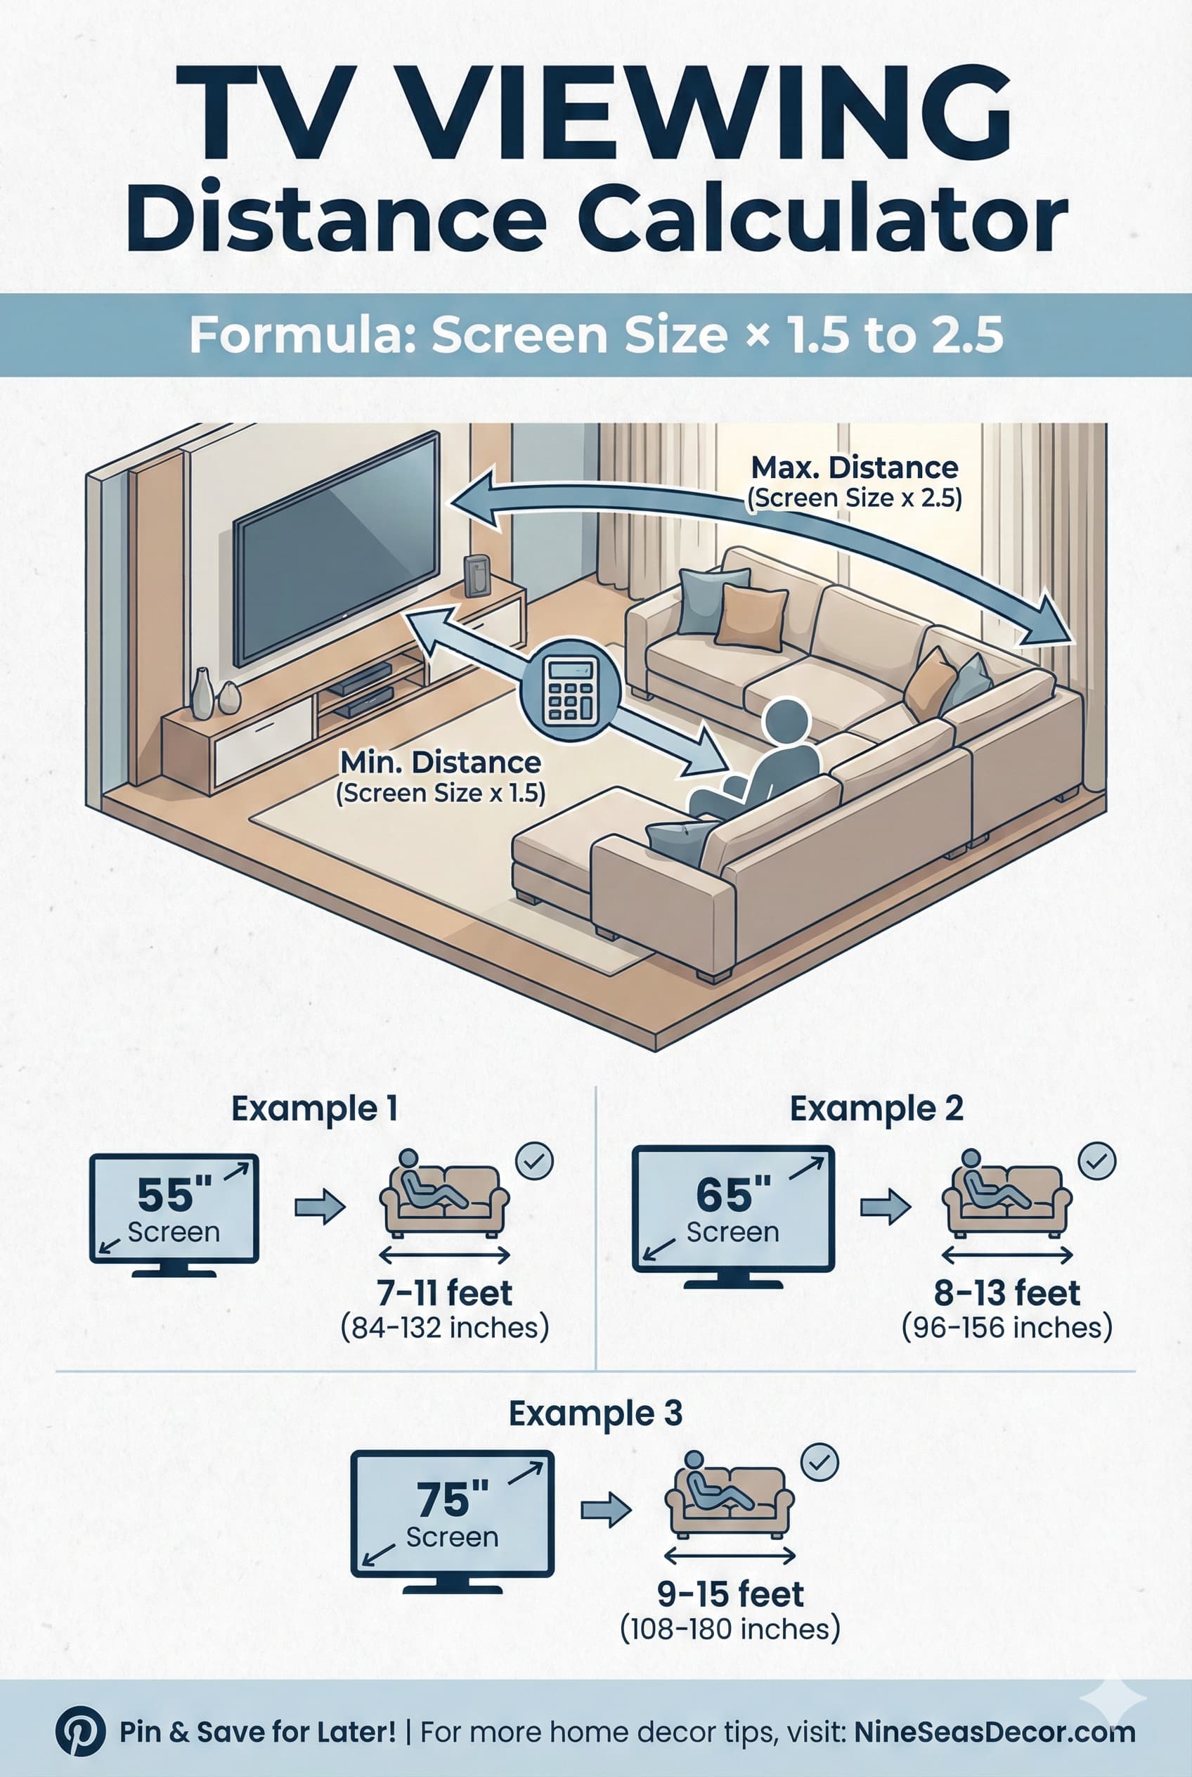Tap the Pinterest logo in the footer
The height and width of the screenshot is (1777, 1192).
[80, 1731]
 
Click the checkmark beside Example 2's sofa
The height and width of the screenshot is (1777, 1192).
[1097, 1161]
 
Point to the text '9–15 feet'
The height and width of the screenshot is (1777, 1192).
[730, 1594]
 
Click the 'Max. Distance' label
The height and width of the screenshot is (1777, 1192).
[855, 467]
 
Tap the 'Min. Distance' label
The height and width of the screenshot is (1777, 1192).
[440, 762]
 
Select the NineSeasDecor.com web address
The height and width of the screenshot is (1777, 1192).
[995, 1732]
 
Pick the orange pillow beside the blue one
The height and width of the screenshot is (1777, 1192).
[751, 616]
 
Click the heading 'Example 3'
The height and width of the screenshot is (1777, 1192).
[595, 1414]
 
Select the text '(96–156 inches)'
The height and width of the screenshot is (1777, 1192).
[1006, 1327]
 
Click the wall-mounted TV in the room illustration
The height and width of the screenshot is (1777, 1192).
[335, 548]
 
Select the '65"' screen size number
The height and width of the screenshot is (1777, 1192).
[733, 1194]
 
